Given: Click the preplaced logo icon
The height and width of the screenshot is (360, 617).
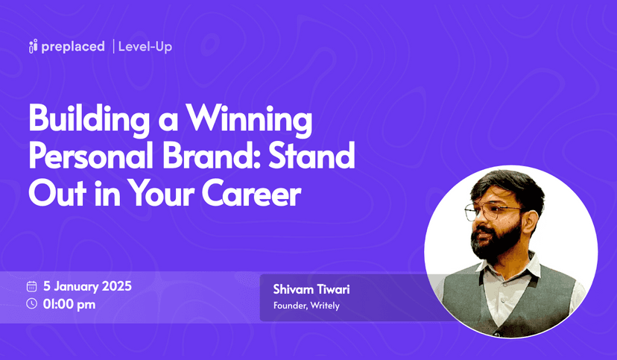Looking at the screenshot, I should [x=33, y=47].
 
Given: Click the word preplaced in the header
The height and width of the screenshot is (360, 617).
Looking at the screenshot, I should [x=73, y=47].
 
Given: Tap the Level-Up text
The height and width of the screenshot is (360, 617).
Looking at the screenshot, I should [x=145, y=47].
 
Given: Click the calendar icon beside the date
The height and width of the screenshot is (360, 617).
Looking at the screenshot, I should [x=31, y=286].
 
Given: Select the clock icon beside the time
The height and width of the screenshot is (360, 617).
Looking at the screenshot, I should [x=31, y=303].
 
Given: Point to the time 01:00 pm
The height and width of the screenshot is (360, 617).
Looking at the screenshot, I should [x=69, y=303].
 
